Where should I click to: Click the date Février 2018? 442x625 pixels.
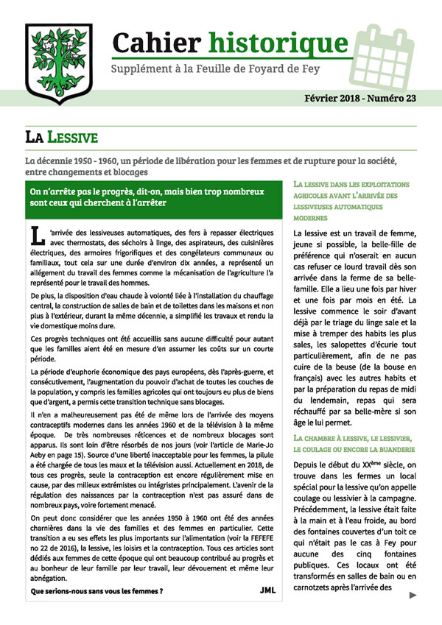pos(329,98)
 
